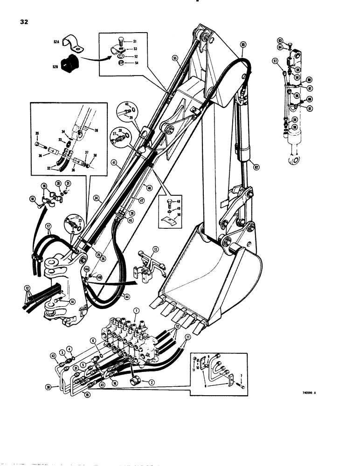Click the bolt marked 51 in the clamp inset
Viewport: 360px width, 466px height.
click(x=119, y=42)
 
